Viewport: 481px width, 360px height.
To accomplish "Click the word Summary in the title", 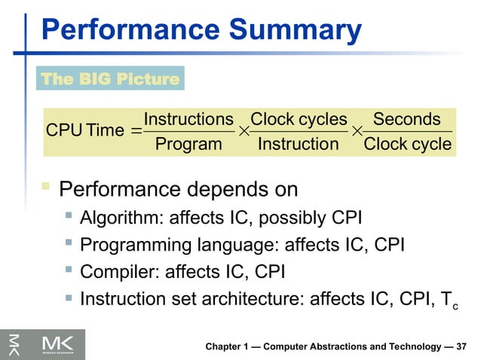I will (297, 30).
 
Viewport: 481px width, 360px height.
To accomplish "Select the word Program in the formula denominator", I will (188, 144).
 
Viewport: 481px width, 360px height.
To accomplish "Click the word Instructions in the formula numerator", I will (188, 119).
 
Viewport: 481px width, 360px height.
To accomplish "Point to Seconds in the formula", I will (407, 119).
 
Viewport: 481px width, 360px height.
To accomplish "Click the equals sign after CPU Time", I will (135, 132).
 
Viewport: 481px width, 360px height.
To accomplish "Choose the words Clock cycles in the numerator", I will (299, 119).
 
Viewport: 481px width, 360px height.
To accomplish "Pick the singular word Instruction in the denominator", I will (299, 144).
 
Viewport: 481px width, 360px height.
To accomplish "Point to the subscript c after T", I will (455, 304).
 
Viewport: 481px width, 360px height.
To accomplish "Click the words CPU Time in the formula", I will (84, 131).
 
